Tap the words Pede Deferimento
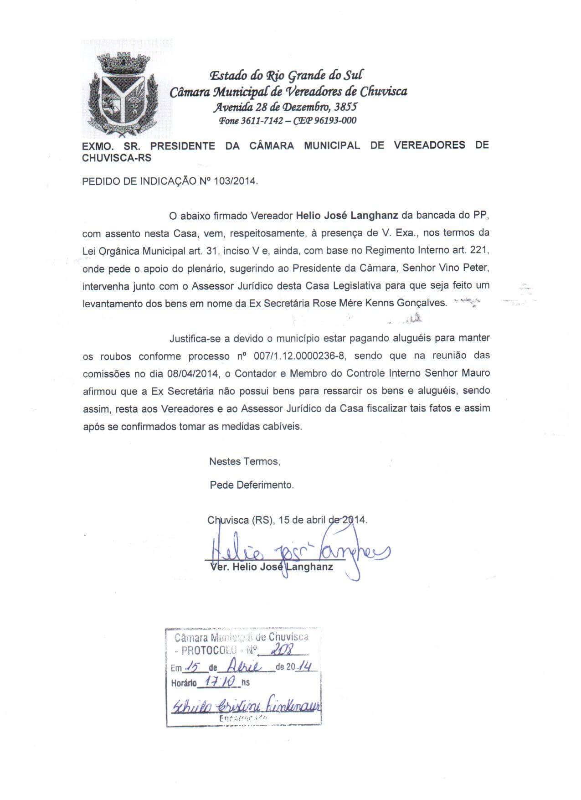(x=252, y=485)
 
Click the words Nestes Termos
(x=244, y=461)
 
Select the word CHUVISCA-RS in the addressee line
(x=117, y=158)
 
